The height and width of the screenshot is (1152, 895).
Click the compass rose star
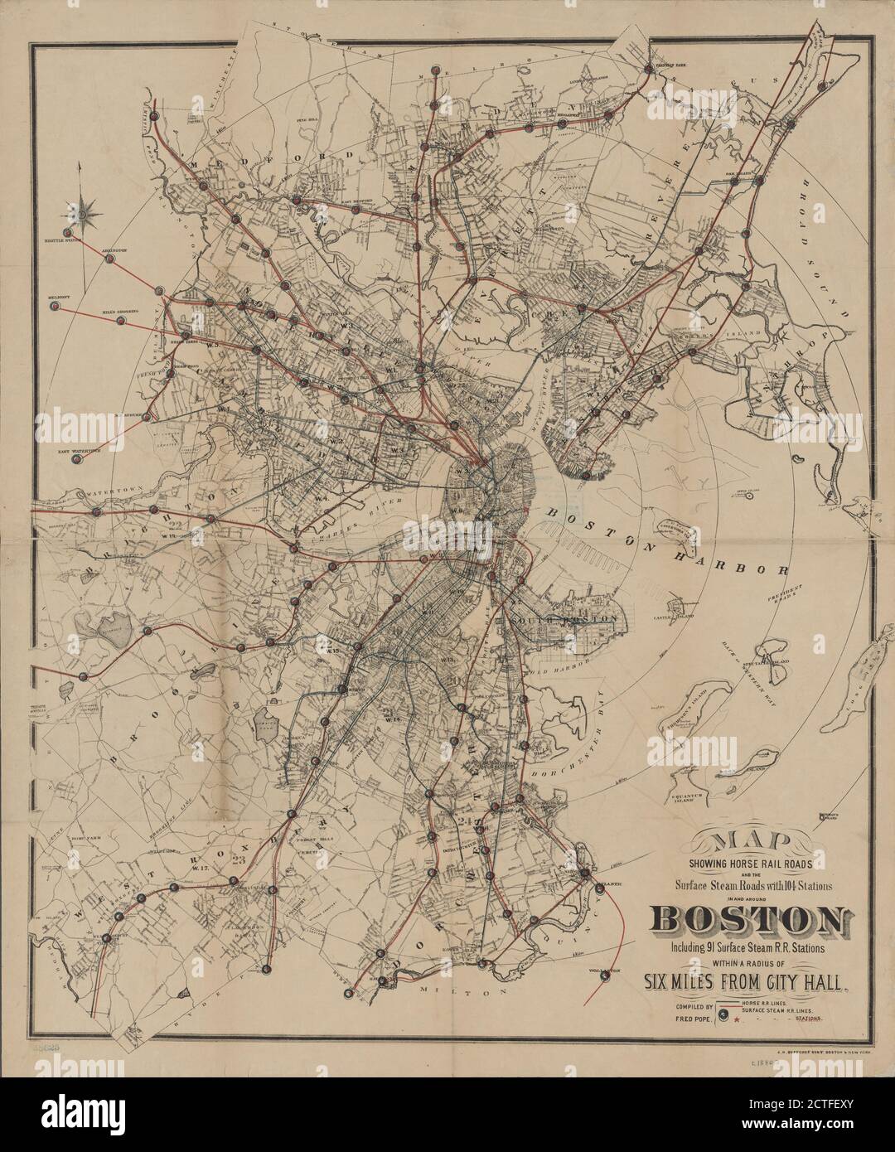[82, 215]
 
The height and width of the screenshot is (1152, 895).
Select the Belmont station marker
[55, 306]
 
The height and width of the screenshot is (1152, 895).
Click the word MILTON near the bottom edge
[461, 990]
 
